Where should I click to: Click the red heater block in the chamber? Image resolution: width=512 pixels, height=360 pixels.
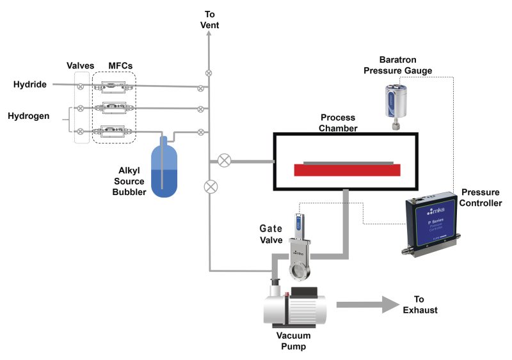348,170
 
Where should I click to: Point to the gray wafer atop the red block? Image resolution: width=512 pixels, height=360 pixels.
348,162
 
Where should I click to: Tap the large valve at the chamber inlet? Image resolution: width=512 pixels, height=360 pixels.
224,160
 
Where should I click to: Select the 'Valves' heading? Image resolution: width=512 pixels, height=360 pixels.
81,66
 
